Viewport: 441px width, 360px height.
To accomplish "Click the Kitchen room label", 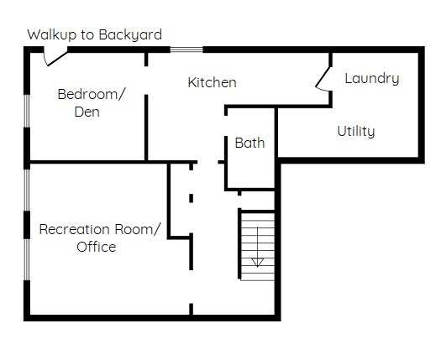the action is (212, 82).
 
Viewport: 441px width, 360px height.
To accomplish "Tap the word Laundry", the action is (372, 78).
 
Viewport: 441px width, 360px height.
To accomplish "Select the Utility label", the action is (356, 131).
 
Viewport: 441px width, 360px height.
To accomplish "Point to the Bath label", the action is (249, 143).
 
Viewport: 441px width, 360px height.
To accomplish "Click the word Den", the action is (87, 112).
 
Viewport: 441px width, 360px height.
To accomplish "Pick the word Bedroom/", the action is (91, 94).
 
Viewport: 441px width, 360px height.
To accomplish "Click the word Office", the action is (97, 247).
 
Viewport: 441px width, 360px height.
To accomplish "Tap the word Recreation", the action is (74, 229).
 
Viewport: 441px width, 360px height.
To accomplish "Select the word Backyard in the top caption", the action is (130, 35).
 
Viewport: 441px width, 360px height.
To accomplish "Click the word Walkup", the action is (52, 35).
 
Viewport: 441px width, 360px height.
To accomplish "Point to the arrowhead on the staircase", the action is (257, 263).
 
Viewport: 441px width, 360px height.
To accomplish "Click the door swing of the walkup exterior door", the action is (55, 59).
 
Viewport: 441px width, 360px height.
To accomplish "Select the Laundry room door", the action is (323, 79).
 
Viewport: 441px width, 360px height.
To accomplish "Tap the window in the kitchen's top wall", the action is (186, 50).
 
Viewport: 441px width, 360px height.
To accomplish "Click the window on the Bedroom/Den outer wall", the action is (26, 111).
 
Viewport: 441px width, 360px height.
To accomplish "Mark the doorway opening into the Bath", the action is (226, 126).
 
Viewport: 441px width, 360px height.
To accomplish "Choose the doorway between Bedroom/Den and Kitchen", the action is (146, 81).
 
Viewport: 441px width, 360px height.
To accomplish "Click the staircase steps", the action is (258, 247).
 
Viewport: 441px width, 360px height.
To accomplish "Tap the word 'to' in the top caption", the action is (87, 35).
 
